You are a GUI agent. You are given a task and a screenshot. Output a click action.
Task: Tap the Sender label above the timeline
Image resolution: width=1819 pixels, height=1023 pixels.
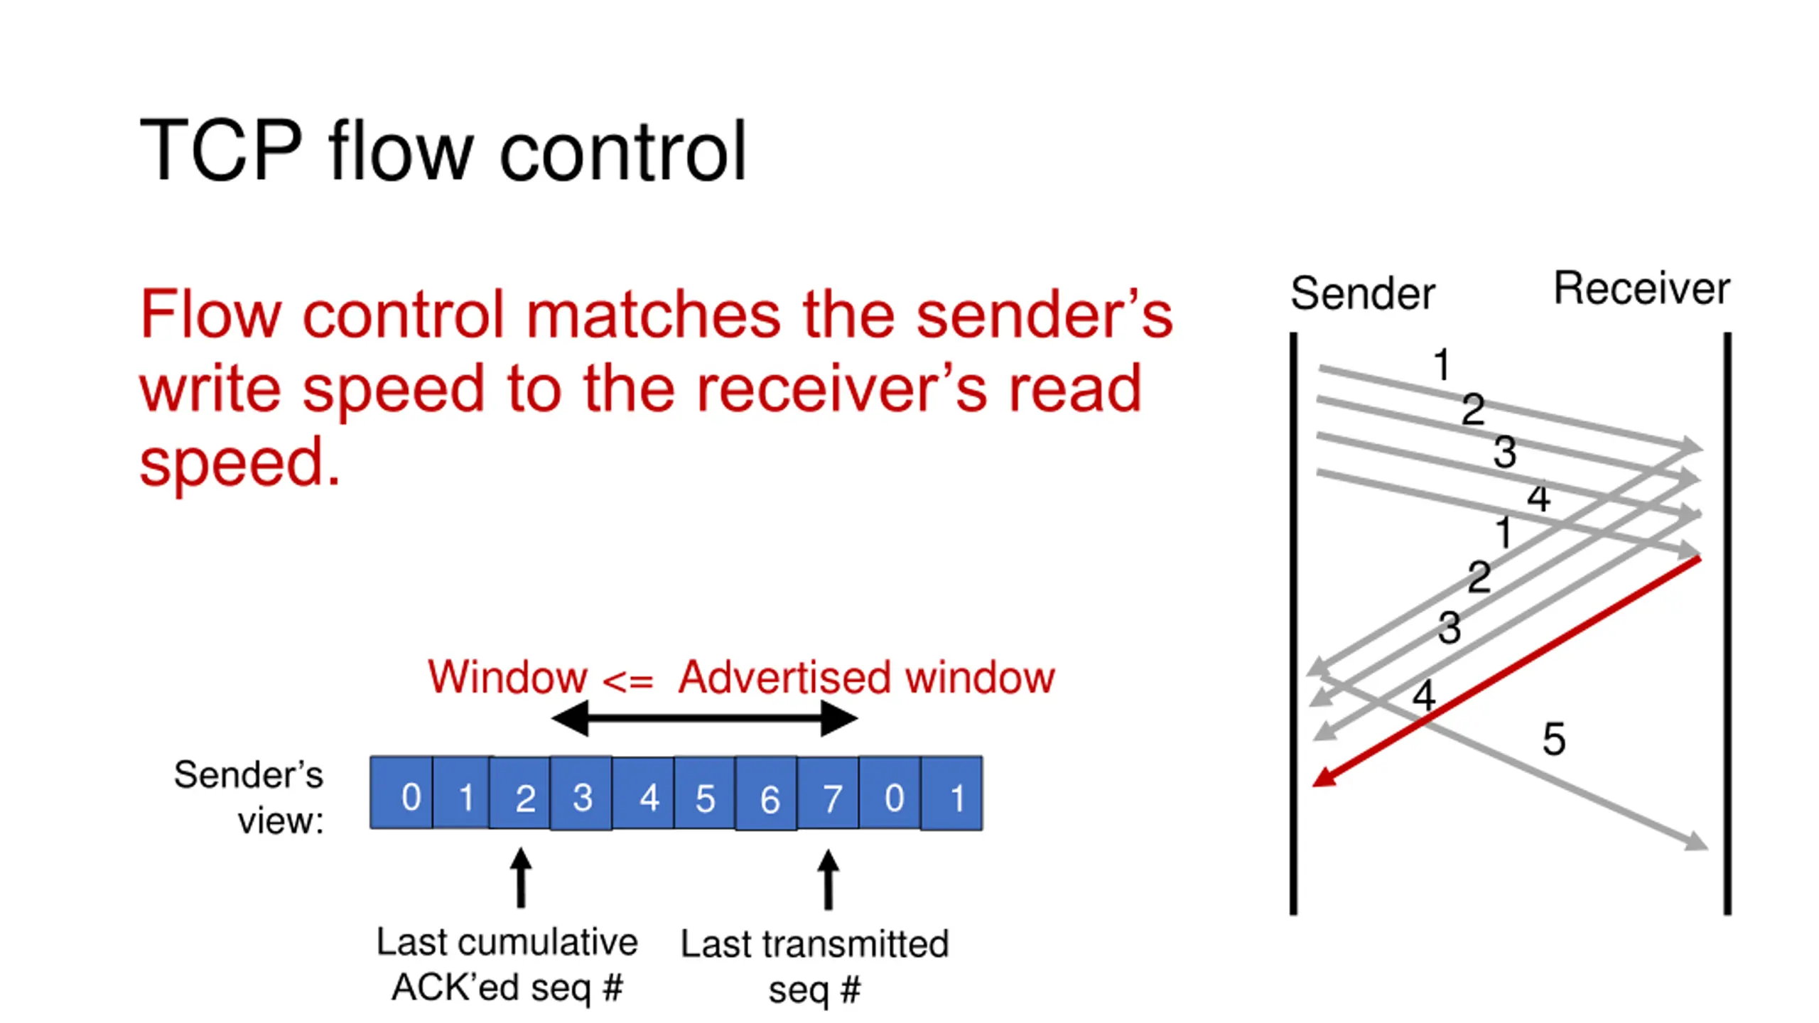(x=1363, y=293)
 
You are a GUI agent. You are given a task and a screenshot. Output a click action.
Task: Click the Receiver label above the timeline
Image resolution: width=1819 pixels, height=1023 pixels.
(x=1642, y=288)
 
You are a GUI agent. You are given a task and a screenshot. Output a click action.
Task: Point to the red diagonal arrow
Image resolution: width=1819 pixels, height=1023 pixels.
(x=1506, y=672)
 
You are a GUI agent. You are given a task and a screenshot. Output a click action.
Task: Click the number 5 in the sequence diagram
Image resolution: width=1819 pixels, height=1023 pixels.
(x=1554, y=739)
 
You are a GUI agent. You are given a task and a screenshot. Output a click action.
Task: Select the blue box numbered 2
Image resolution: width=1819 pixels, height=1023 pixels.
(x=520, y=793)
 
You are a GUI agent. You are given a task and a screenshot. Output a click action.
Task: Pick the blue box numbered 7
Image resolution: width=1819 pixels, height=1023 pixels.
(x=828, y=793)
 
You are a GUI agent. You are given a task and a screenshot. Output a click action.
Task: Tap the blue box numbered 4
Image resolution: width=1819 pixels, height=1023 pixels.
(x=643, y=793)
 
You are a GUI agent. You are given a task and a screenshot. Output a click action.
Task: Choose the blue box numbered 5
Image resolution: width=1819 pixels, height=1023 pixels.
(x=705, y=793)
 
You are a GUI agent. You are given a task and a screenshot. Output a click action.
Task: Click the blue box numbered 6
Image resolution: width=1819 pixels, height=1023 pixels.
(x=767, y=793)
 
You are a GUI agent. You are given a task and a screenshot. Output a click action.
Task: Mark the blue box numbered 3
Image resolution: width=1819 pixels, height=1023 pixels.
(x=581, y=793)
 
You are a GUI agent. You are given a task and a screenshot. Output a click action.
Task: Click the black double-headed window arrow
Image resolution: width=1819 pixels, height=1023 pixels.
(x=705, y=718)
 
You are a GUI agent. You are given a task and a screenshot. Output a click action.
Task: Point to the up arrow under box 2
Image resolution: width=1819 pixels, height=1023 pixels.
(x=521, y=878)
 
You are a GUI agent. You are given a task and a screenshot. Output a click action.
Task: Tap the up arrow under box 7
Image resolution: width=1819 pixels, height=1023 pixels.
(x=828, y=879)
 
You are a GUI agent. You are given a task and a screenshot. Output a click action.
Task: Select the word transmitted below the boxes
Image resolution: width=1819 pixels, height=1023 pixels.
(x=856, y=944)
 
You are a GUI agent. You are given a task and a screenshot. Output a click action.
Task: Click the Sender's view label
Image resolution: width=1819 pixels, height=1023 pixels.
(x=249, y=797)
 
